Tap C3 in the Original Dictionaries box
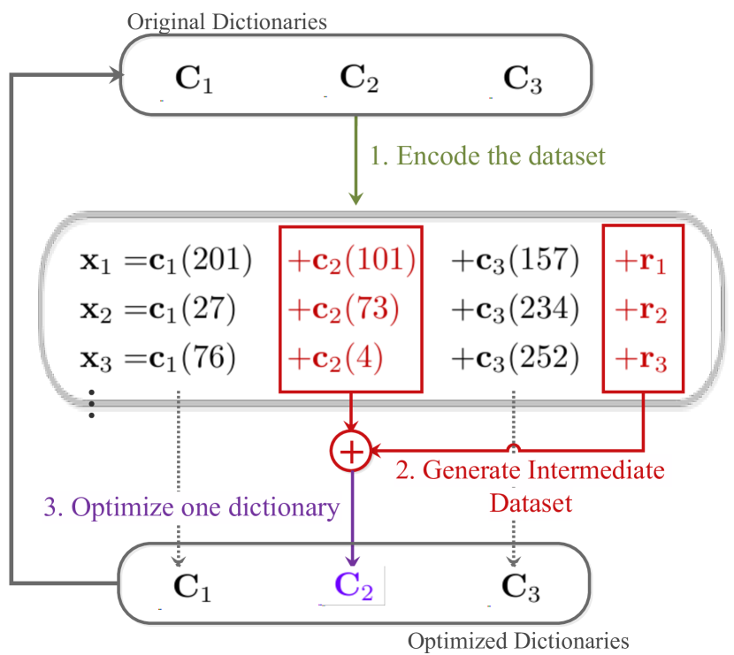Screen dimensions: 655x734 [517, 79]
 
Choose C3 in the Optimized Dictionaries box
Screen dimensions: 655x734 [517, 587]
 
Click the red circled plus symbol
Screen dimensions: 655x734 [351, 452]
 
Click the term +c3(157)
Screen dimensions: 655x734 [515, 260]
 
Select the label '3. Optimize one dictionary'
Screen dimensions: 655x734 [192, 507]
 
